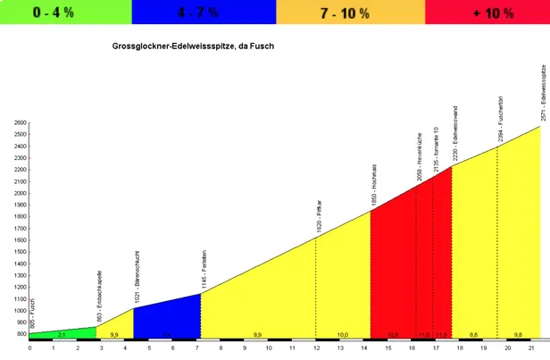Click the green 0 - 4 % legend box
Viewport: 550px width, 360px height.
(65, 12)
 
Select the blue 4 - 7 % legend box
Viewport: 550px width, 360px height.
(204, 12)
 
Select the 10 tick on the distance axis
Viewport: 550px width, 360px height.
(268, 347)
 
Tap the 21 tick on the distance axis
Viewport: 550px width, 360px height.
(532, 347)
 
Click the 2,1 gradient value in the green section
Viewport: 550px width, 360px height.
(61, 335)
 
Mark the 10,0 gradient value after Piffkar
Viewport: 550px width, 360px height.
(343, 335)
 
